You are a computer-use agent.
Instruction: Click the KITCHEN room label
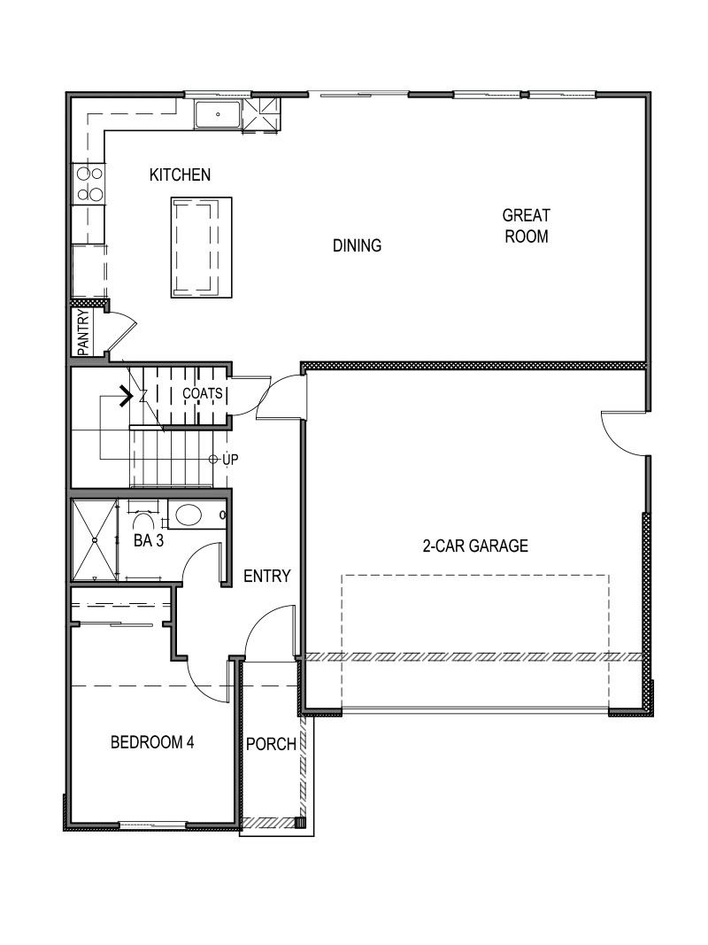coord(180,174)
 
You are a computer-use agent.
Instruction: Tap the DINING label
coord(357,245)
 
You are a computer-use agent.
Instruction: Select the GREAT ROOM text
coord(526,226)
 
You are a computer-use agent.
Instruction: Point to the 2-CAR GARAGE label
coord(474,546)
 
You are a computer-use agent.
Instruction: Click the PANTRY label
coord(83,332)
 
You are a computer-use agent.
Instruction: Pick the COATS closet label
coord(203,392)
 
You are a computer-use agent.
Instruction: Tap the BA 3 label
coord(149,542)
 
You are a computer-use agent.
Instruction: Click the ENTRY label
coord(266,577)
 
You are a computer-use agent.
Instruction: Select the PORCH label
coord(271,744)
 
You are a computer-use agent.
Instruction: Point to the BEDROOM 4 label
coord(152,742)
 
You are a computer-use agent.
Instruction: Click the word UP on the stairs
coord(229,460)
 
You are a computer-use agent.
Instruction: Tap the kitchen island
coord(201,247)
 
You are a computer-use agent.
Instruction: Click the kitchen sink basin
coord(217,115)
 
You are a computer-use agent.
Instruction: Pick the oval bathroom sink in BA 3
coord(188,515)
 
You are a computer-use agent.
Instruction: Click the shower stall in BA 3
coord(94,540)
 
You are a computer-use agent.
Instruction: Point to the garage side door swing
coord(624,434)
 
